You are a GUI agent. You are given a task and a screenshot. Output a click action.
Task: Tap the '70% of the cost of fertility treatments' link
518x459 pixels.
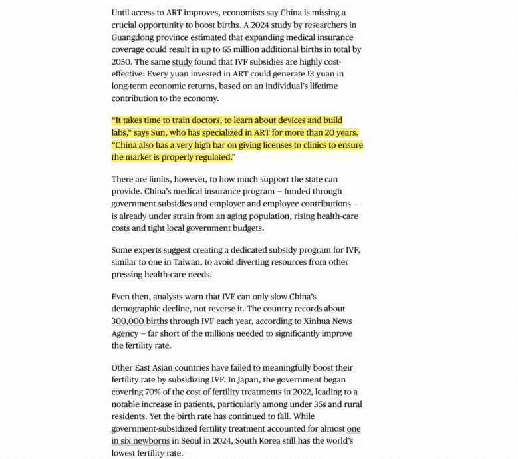(x=211, y=392)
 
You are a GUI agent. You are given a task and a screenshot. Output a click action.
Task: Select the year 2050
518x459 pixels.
(x=122, y=62)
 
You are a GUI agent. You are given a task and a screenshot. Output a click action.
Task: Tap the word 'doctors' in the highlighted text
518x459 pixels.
(x=211, y=120)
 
